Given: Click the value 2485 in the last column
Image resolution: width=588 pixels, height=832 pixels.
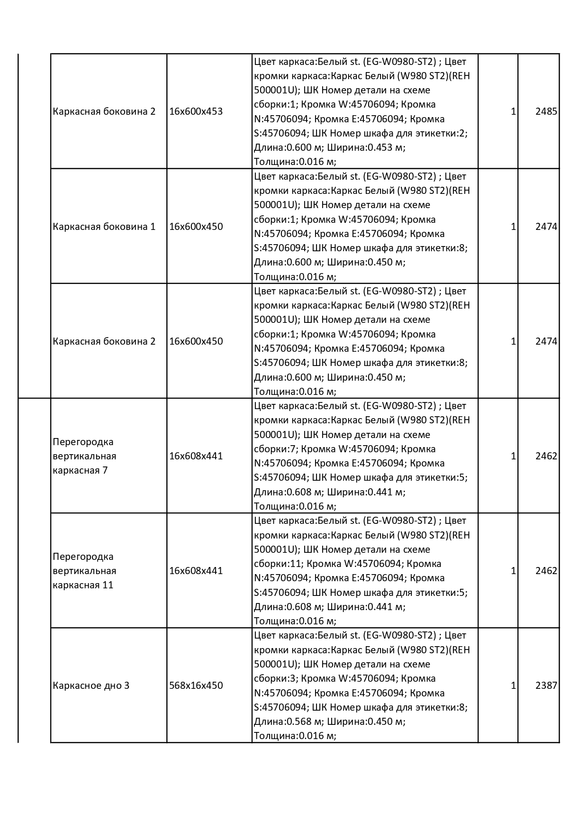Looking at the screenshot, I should tap(546, 112).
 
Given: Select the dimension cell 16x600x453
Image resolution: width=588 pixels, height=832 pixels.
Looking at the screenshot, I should tap(196, 112).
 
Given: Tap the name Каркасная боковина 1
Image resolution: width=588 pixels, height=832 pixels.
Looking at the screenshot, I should tap(104, 227).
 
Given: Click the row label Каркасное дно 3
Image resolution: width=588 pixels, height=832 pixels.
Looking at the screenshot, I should tap(91, 686).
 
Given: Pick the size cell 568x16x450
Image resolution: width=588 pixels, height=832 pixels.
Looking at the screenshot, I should tap(196, 686).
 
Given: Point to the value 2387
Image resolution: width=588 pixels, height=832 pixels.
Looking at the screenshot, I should tap(546, 686).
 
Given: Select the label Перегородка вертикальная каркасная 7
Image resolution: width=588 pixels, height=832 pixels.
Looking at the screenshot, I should tap(84, 456).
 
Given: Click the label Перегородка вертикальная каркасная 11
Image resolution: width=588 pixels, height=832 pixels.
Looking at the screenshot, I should tap(84, 571).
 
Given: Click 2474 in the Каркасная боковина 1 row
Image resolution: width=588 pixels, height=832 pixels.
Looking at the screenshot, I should tap(546, 227).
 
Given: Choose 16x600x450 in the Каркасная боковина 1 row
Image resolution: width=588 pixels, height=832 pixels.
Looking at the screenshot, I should tap(196, 227).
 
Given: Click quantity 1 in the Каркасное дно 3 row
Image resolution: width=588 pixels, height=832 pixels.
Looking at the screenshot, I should tap(513, 686).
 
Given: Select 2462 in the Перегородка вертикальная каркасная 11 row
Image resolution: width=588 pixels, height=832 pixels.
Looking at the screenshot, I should tap(546, 571).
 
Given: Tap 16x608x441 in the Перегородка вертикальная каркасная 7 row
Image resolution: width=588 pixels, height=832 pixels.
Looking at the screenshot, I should tap(196, 456).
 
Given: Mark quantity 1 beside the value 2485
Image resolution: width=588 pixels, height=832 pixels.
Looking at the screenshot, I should tap(513, 112).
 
